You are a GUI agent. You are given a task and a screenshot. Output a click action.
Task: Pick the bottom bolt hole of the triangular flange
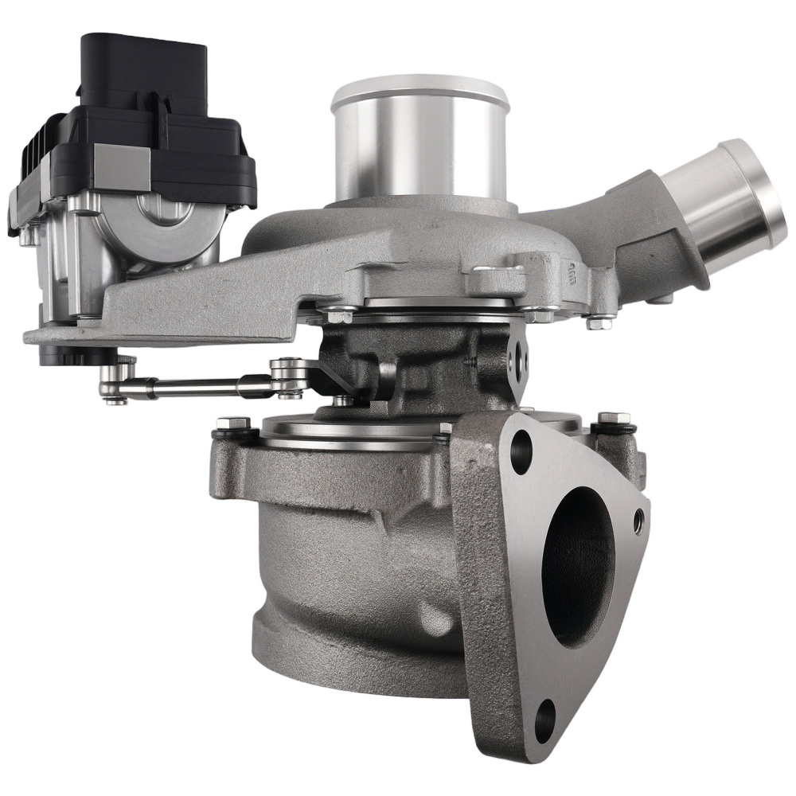[544, 712]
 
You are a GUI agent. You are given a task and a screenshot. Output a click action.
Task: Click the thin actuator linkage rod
[199, 388]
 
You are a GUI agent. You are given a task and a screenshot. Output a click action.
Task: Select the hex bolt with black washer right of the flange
[614, 422]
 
